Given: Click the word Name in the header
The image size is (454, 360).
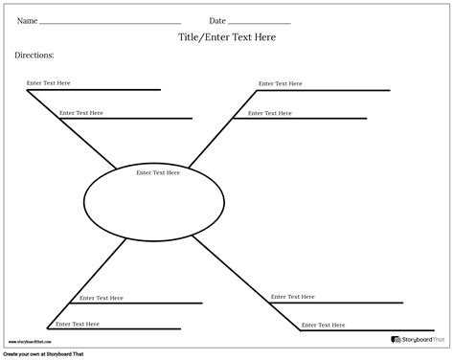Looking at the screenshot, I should coord(27,20).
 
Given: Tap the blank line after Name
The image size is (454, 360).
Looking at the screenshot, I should coord(111,23).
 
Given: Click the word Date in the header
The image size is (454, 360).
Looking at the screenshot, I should coord(217,20).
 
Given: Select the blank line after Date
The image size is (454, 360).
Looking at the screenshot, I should coord(259,23).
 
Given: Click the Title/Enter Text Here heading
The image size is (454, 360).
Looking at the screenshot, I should coord(227,37).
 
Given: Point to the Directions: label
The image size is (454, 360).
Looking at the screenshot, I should coord(34,56).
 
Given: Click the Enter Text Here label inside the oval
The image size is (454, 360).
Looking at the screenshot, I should coord(158,172).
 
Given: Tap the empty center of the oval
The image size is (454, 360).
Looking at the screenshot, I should coord(155,202).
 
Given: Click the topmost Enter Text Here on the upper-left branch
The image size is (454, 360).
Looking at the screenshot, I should coord(49,83).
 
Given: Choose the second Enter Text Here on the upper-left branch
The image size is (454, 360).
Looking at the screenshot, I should coord(81,113).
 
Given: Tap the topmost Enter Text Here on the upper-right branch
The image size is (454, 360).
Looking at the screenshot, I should coord(281,83).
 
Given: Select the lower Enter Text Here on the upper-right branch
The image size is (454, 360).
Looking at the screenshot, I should coord(269,113).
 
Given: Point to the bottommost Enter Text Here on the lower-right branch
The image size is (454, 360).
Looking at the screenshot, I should coord(324,324).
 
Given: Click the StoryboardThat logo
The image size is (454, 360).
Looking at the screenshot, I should coord(419,340).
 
